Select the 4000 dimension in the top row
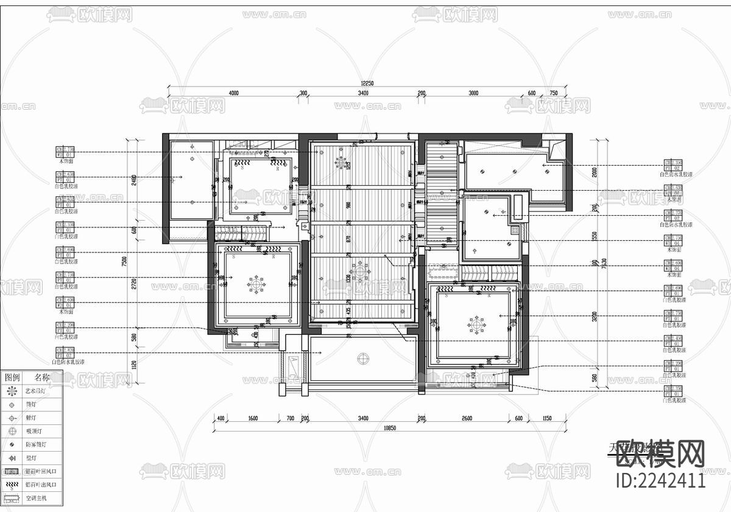pyautogui.click(x=233, y=93)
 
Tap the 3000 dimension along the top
pyautogui.click(x=473, y=93)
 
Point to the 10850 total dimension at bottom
pyautogui.click(x=390, y=428)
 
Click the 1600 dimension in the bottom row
pyautogui.click(x=253, y=418)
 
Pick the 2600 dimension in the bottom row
pyautogui.click(x=467, y=418)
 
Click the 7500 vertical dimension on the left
pyautogui.click(x=124, y=260)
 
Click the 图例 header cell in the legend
pyautogui.click(x=12, y=378)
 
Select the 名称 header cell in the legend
pyautogui.click(x=42, y=378)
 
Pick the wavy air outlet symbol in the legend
pyautogui.click(x=11, y=485)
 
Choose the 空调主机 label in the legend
pyautogui.click(x=37, y=499)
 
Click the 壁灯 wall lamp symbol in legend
pyautogui.click(x=11, y=458)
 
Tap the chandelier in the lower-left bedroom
pyautogui.click(x=256, y=283)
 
